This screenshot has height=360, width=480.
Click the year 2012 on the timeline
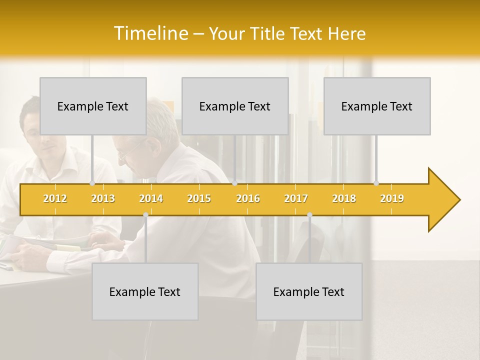click(x=55, y=198)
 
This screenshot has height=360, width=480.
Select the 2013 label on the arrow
click(x=103, y=198)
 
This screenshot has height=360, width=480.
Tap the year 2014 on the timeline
click(x=151, y=198)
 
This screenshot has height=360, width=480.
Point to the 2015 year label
click(x=199, y=198)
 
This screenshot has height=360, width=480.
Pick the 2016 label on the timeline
click(x=248, y=198)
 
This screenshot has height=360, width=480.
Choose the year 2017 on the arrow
click(x=296, y=198)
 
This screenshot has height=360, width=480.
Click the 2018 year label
click(x=344, y=198)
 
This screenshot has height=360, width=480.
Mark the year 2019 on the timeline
click(x=392, y=198)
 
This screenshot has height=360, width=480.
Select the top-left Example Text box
click(x=93, y=106)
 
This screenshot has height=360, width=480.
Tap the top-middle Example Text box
click(x=235, y=106)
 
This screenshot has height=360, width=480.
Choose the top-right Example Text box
click(x=377, y=106)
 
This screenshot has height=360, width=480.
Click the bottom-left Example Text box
click(x=145, y=291)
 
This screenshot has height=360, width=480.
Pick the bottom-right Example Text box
click(x=309, y=291)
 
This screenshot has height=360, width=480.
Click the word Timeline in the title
click(x=151, y=33)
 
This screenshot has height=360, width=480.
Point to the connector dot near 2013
click(x=92, y=183)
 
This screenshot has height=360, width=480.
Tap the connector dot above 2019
click(x=376, y=183)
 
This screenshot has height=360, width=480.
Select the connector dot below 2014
click(x=145, y=215)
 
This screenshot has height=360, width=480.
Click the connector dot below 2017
click(x=309, y=215)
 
